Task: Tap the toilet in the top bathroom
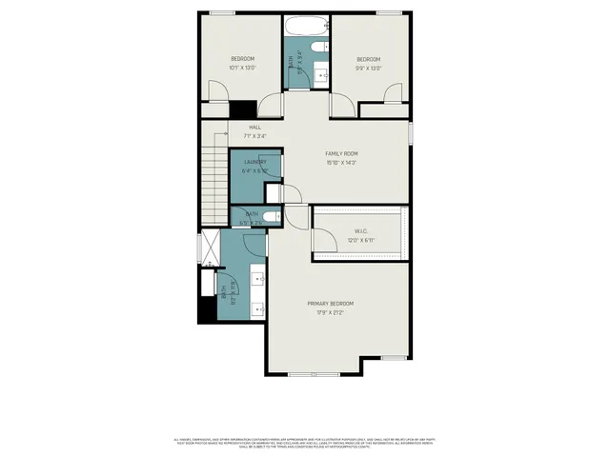click(x=320, y=45)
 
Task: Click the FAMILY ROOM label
click(x=341, y=153)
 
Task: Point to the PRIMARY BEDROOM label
click(x=325, y=304)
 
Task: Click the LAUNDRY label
click(x=254, y=163)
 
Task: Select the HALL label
click(x=254, y=127)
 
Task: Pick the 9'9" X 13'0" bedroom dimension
click(x=368, y=68)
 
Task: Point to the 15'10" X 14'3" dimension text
click(x=341, y=162)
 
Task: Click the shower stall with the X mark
click(x=209, y=248)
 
